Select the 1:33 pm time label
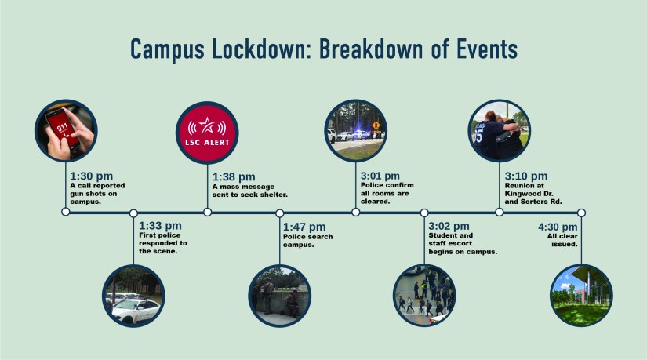(159, 226)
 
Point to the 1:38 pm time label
(234, 176)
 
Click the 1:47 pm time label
(304, 226)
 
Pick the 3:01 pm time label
(380, 176)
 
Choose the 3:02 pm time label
(449, 226)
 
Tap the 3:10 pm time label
(526, 176)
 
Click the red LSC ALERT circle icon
(207, 131)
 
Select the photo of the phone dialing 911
(65, 131)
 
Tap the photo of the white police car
(134, 296)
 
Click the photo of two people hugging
(499, 130)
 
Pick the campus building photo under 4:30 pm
(581, 296)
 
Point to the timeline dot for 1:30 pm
(65, 212)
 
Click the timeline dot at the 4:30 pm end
(581, 212)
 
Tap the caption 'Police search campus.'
(307, 241)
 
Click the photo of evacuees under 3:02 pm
(424, 296)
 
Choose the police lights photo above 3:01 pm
(355, 130)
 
